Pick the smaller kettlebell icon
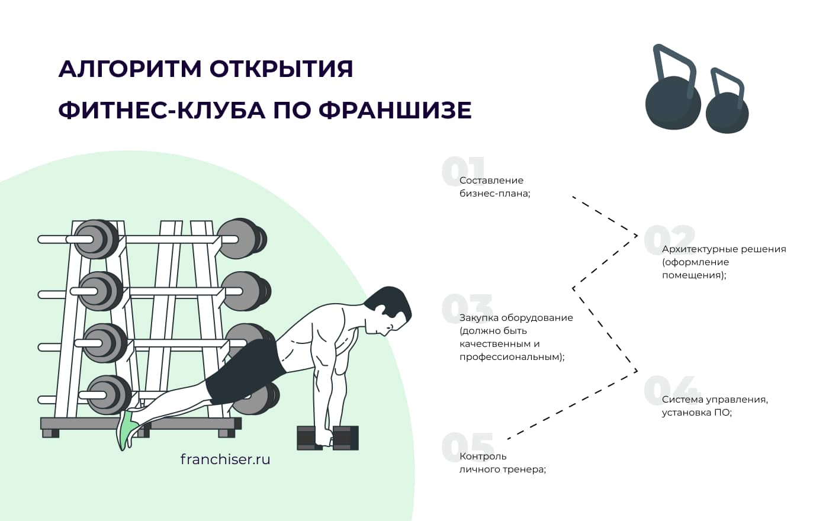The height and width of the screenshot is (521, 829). point(727,110)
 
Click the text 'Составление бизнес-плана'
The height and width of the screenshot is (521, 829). point(494,187)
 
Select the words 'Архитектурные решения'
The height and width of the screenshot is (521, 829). point(724,249)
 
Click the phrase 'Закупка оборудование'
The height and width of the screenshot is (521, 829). point(516,318)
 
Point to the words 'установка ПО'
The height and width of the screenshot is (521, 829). point(696,413)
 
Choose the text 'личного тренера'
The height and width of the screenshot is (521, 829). point(502,469)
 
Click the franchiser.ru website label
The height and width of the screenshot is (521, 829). point(225,459)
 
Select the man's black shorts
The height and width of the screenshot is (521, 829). point(243,369)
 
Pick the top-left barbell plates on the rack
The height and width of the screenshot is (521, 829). point(96,239)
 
